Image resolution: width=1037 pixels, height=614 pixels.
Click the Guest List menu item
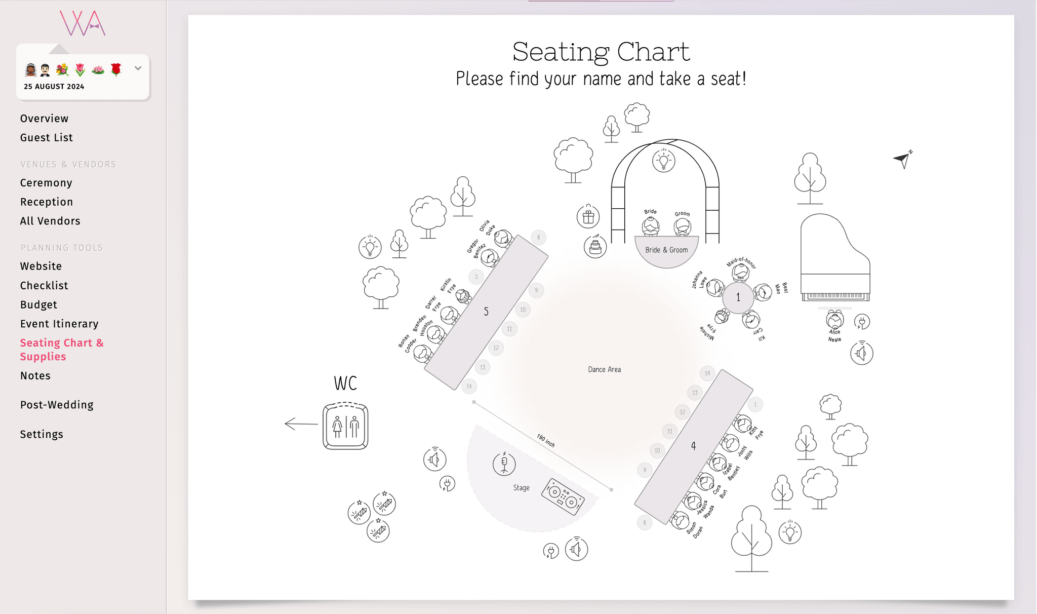46,138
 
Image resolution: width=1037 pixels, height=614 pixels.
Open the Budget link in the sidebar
38,305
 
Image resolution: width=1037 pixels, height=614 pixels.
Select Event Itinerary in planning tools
59,324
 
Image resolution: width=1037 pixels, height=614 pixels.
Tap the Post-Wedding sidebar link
57,405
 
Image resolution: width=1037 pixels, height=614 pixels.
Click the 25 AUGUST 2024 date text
54,87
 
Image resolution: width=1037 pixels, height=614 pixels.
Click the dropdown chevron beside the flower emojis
138,68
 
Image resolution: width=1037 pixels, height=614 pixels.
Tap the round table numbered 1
738,297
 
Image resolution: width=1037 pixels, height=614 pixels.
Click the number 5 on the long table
486,312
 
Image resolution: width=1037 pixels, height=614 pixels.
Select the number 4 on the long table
693,446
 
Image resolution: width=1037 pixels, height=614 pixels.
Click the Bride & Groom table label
666,250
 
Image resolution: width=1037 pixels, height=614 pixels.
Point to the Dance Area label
604,370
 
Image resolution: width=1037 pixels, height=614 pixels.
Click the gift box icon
588,217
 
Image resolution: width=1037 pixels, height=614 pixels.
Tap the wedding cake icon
595,247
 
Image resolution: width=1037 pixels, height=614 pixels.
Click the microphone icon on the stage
504,464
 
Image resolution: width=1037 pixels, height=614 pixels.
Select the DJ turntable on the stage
563,497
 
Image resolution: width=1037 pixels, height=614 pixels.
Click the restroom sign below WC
345,426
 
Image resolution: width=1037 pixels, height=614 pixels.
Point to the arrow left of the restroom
301,424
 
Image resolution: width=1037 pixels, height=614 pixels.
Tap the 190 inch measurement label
545,441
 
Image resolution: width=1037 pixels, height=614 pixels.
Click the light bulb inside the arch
663,161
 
